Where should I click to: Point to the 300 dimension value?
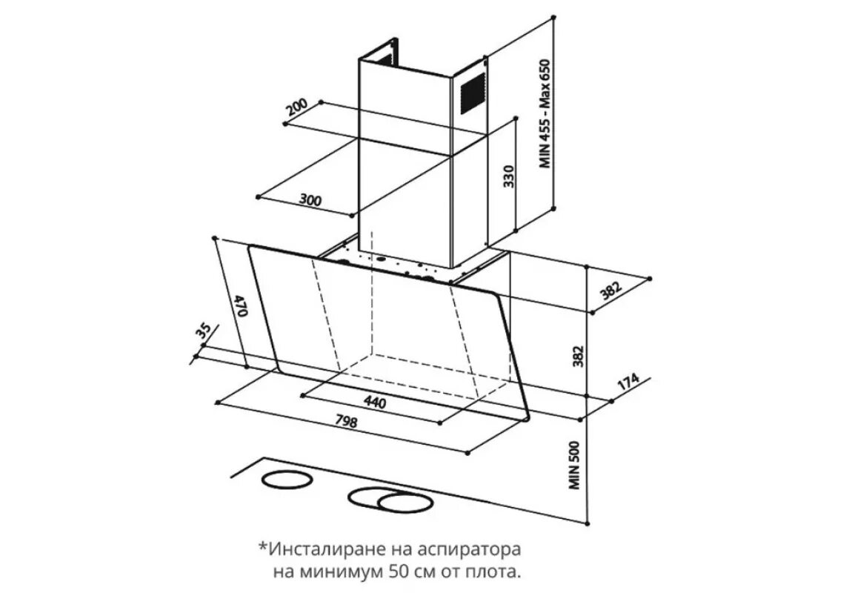tap(310, 199)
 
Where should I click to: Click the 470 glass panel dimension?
tap(239, 305)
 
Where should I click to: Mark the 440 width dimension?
tap(375, 402)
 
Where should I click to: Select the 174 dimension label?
tap(628, 384)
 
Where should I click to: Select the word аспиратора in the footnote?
tap(478, 550)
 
